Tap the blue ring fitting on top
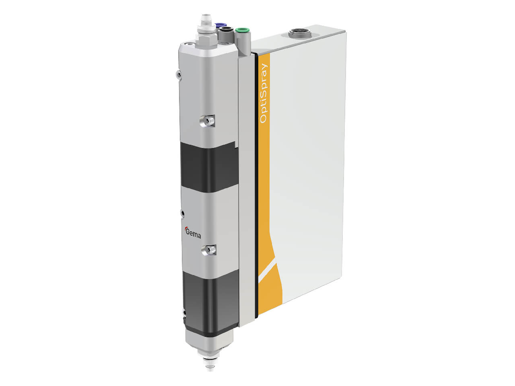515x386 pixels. pos(220,24)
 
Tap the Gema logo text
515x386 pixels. pos(193,234)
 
